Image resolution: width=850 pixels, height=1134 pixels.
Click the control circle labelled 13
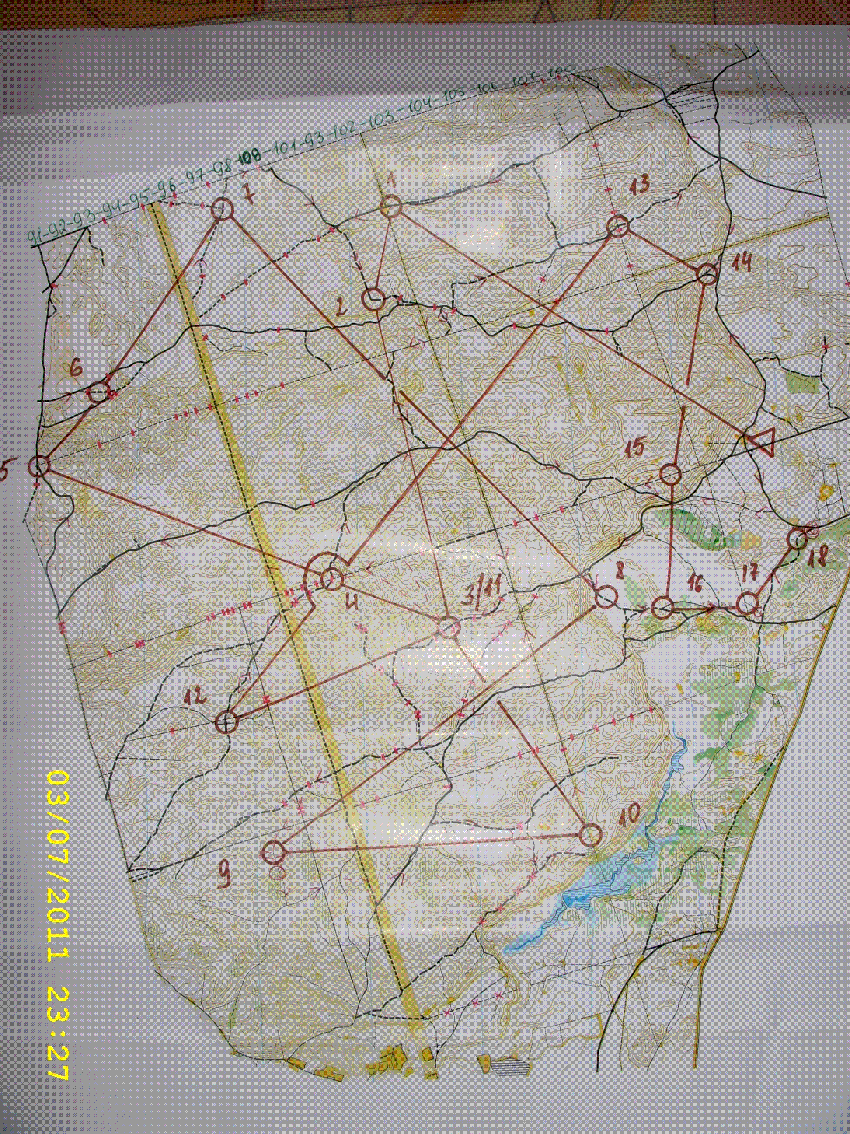click(618, 226)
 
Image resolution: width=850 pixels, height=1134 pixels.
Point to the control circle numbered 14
click(707, 274)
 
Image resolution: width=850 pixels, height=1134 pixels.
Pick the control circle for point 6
click(99, 393)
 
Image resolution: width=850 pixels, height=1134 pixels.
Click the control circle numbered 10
click(591, 836)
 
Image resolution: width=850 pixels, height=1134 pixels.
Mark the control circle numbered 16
click(662, 609)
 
